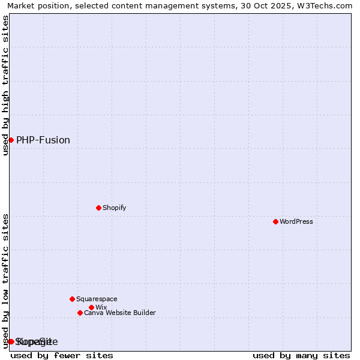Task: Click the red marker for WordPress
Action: tap(275, 221)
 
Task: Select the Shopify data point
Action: tap(98, 208)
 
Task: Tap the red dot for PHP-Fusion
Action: tap(11, 140)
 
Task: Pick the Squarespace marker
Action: tap(72, 299)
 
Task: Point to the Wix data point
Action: tap(91, 307)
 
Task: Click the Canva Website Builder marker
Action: tap(80, 313)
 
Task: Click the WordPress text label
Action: tap(296, 221)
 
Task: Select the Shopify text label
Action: tap(115, 208)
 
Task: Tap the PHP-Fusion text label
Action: tap(43, 140)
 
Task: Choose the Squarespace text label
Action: tap(97, 299)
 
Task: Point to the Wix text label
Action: tap(101, 307)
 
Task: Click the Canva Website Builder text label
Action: tap(120, 313)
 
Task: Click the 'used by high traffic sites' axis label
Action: tap(5, 85)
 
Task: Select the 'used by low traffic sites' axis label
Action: tap(5, 280)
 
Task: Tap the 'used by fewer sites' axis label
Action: tap(62, 355)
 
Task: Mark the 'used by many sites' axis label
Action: tap(301, 355)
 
